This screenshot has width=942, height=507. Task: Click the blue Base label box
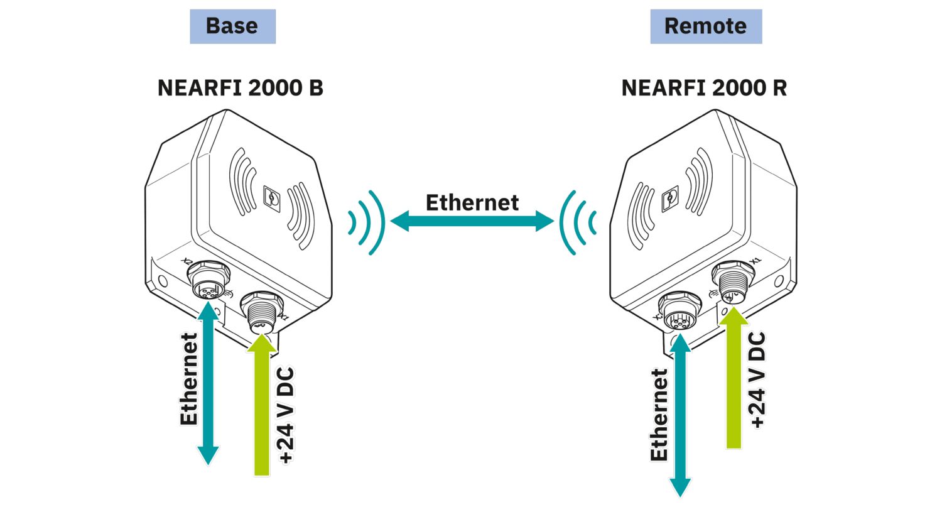(232, 26)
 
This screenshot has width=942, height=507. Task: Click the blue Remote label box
(705, 26)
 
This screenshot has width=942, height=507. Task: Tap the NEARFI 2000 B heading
(240, 88)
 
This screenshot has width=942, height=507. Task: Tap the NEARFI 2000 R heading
(703, 88)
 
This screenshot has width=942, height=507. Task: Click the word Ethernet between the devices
(472, 202)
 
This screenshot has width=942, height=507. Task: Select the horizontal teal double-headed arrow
(472, 221)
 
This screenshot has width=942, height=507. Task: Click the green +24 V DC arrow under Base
(262, 408)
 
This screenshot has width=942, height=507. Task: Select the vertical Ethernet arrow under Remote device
(679, 415)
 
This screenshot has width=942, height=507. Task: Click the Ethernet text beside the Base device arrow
(188, 379)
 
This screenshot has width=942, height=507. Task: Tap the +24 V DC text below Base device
(286, 415)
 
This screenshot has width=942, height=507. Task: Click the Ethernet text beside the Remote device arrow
(659, 415)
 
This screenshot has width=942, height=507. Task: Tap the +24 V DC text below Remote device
(757, 380)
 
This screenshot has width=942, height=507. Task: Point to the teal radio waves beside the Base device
(367, 222)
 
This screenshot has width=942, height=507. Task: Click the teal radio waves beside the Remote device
(577, 222)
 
